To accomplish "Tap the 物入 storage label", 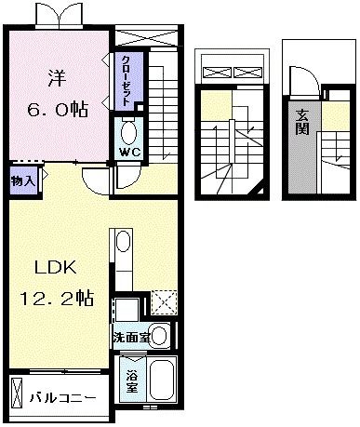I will [23, 180].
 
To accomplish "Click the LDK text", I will [55, 267].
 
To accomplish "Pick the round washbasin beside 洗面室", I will [159, 336].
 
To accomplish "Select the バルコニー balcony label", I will [61, 397].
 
